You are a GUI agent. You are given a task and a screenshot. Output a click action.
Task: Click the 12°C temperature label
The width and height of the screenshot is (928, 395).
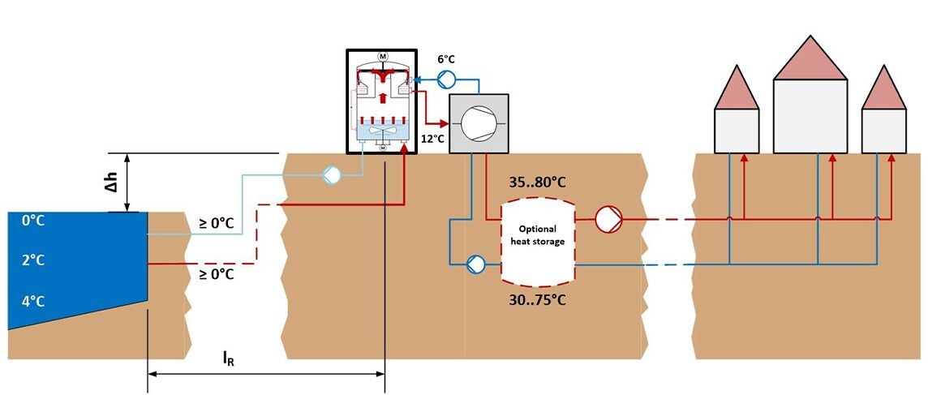pyautogui.click(x=432, y=139)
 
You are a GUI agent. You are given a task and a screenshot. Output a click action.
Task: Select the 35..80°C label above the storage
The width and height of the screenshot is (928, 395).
pyautogui.click(x=536, y=182)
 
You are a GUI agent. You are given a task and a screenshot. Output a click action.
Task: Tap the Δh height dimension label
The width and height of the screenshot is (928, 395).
pyautogui.click(x=116, y=183)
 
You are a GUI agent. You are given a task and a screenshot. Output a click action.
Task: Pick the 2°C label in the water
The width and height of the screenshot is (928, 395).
pyautogui.click(x=32, y=260)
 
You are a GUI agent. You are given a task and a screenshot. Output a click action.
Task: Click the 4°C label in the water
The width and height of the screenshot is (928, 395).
pyautogui.click(x=32, y=302)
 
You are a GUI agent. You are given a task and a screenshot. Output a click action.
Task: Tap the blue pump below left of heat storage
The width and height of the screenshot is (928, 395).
pyautogui.click(x=475, y=264)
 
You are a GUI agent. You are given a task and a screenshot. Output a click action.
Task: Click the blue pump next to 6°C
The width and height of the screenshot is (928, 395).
pyautogui.click(x=446, y=79)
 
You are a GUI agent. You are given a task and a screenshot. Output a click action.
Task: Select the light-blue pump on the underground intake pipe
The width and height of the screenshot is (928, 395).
pyautogui.click(x=331, y=174)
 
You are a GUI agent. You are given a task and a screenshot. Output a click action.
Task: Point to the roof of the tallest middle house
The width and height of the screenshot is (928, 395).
pyautogui.click(x=810, y=59)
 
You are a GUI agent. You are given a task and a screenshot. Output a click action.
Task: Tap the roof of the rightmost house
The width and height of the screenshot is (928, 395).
pyautogui.click(x=883, y=89)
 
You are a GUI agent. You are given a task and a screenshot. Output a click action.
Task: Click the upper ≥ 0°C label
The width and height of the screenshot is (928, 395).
pyautogui.click(x=217, y=222)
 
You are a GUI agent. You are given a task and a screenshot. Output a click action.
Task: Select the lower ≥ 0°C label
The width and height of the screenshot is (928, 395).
pyautogui.click(x=217, y=274)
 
